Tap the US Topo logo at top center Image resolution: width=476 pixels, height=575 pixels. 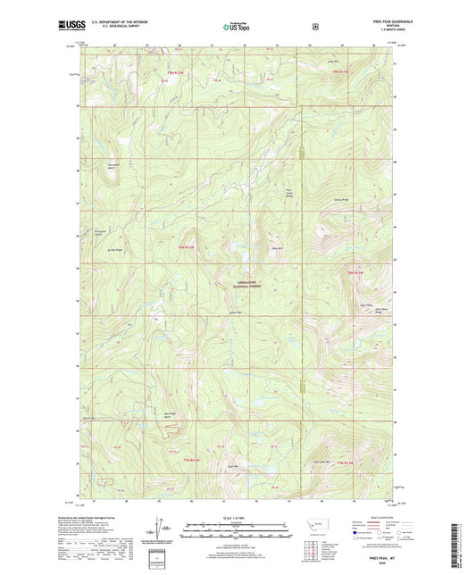point(238,28)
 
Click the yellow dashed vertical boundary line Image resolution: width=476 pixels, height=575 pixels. point(302,384)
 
